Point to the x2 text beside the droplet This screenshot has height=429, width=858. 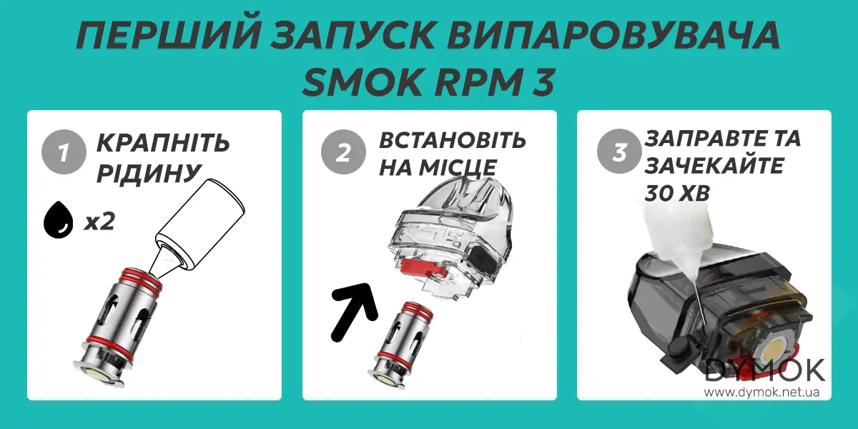point(99,222)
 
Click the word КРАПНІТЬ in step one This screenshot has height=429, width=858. point(162,143)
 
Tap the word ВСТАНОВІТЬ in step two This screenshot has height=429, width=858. point(452,140)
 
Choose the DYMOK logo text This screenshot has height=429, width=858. point(765,370)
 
